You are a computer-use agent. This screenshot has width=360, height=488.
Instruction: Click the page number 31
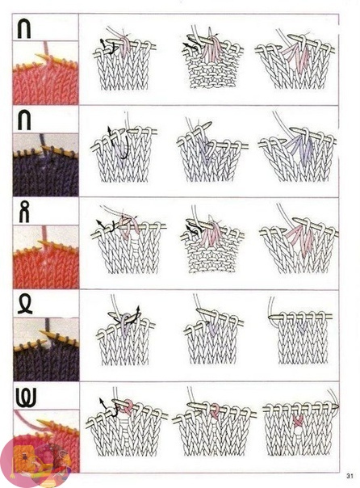[x=350, y=476]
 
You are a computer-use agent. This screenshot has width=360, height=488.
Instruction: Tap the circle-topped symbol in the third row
[x=24, y=212]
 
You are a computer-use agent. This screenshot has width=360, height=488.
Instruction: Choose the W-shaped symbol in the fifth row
[x=26, y=398]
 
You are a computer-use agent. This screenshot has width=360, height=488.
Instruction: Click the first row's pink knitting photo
[x=45, y=73]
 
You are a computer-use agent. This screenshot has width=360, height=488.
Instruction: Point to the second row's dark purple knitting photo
[x=45, y=165]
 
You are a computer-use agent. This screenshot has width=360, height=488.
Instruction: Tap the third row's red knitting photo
[x=45, y=257]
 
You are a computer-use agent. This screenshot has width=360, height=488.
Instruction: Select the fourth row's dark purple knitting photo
[x=46, y=349]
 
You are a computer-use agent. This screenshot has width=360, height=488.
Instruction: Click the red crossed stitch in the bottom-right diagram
[x=298, y=420]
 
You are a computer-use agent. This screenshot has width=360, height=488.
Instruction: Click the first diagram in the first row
[x=124, y=58]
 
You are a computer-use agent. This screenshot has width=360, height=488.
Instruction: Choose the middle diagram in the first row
[x=212, y=58]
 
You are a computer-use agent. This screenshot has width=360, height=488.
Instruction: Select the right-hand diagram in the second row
[x=298, y=147]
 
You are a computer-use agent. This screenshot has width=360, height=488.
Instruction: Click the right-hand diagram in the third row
[x=299, y=239]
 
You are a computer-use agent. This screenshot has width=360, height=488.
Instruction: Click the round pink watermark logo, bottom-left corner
[x=36, y=462]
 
